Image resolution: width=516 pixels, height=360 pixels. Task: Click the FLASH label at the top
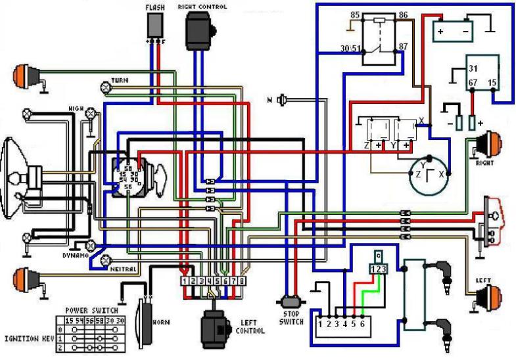pyautogui.click(x=156, y=7)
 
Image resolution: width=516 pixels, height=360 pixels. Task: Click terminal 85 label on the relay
pyautogui.click(x=355, y=15)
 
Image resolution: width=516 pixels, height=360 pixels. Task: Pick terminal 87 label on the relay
pyautogui.click(x=403, y=47)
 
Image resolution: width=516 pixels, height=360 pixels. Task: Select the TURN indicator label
pyautogui.click(x=119, y=80)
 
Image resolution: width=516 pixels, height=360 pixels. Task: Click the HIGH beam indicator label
pyautogui.click(x=74, y=108)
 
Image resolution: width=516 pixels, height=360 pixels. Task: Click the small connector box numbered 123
pyautogui.click(x=379, y=268)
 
